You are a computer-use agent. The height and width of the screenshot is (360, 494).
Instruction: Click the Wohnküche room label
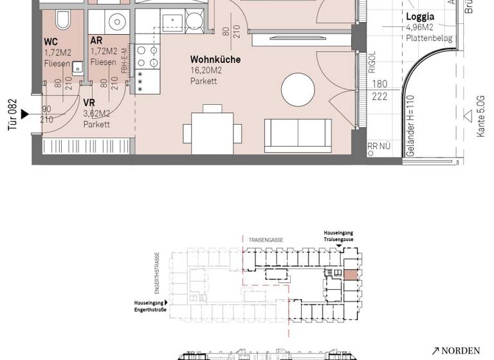(215, 59)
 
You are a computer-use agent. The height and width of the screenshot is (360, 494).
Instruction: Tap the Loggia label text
(420, 17)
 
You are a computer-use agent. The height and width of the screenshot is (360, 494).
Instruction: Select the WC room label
(51, 42)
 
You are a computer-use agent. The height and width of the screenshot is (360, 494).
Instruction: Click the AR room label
(96, 42)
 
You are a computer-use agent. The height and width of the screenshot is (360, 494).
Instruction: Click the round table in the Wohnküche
(299, 90)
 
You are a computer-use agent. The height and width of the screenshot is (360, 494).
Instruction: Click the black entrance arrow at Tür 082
(25, 114)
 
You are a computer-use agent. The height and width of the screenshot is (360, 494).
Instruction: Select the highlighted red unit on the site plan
(350, 276)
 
